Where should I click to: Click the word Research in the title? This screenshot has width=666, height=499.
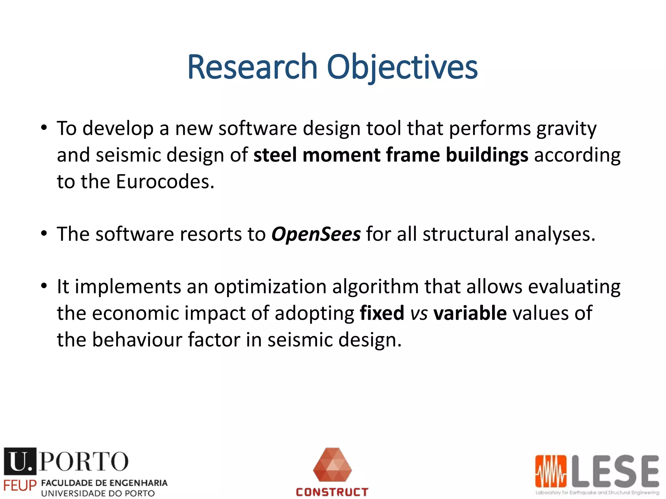coord(252,67)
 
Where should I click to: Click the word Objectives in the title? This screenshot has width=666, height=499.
coord(402,67)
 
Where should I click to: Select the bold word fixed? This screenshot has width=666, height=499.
coord(382,313)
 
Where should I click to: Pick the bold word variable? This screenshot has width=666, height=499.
coord(470,313)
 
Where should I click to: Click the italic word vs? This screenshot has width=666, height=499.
coord(419,314)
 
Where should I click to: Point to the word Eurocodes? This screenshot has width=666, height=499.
coord(165,181)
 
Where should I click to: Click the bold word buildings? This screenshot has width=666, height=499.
coord(487,155)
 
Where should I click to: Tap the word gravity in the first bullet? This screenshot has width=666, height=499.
coord(566,129)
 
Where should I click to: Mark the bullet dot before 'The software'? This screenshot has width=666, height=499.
coord(44,234)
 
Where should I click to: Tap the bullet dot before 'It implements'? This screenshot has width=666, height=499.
coord(44,286)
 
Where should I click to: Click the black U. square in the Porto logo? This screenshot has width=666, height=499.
coord(20,461)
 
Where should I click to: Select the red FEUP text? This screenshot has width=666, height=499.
coord(20,486)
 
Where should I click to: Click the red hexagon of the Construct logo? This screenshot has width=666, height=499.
coord(332,465)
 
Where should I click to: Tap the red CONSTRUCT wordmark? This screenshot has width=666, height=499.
coord(332,492)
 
